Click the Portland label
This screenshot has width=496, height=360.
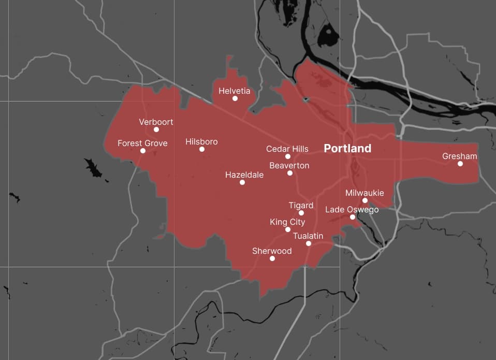[347, 149]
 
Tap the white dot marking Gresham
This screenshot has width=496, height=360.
[460, 164]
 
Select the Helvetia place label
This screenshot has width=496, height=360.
[234, 91]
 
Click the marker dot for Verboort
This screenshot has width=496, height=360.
[156, 129]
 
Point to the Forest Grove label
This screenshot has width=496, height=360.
[142, 143]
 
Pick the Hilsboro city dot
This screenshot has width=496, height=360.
[202, 149]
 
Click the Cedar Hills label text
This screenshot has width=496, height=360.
[287, 149]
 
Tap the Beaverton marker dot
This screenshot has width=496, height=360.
[290, 173]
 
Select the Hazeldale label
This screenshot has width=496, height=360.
[244, 175]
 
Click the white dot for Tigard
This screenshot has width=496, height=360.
[301, 213]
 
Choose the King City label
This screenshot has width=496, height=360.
[287, 222]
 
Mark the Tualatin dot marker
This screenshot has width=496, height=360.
[309, 243]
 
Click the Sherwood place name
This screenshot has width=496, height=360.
[272, 251]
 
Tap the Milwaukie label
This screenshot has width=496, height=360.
[364, 193]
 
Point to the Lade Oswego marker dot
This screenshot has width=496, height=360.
[353, 217]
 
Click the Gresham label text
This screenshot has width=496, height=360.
[460, 156]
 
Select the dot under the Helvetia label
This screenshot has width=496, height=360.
[235, 98]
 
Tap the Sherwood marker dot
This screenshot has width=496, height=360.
[272, 258]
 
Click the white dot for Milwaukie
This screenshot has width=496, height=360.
[365, 200]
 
